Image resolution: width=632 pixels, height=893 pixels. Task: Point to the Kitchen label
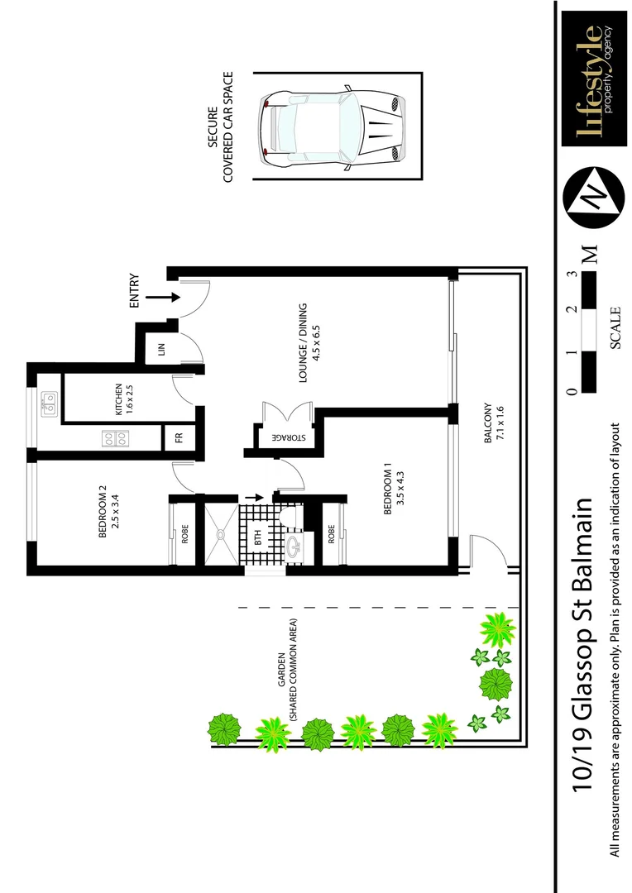point(124,399)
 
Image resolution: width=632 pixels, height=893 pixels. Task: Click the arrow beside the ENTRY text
point(163,296)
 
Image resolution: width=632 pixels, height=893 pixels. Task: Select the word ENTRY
point(136,293)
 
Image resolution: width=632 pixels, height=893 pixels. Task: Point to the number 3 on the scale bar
point(572,275)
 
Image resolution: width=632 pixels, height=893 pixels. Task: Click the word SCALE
point(616,328)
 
